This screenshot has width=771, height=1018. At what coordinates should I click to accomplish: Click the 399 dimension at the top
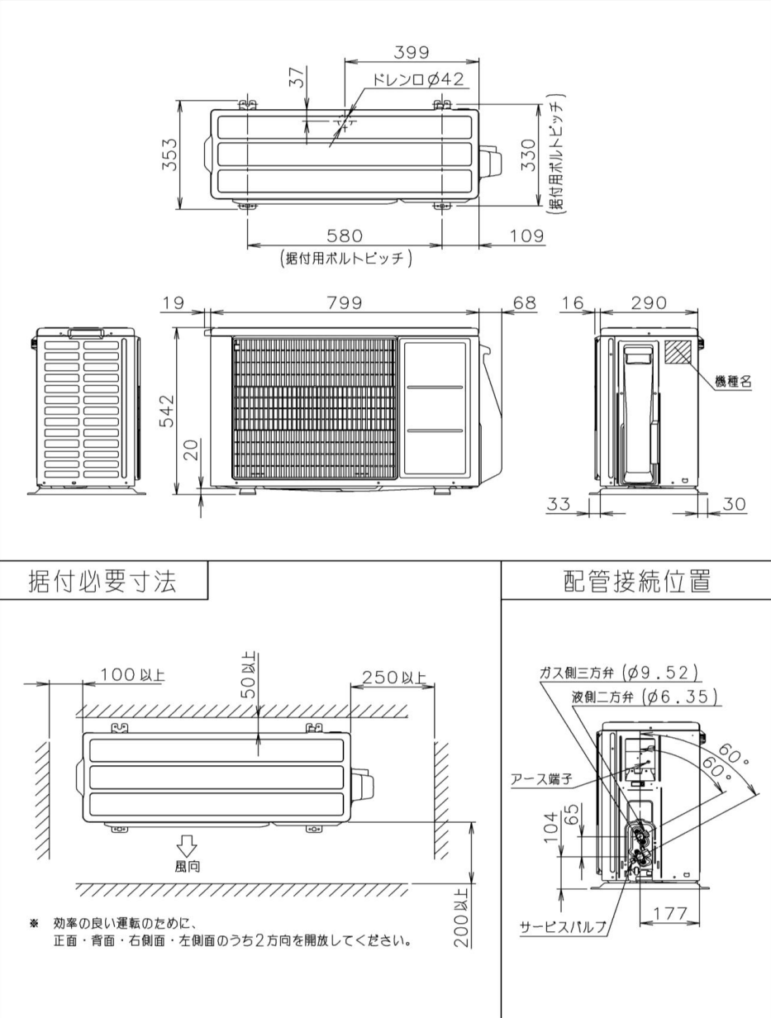(x=411, y=52)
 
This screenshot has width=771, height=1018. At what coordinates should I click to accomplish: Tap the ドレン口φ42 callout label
(x=417, y=80)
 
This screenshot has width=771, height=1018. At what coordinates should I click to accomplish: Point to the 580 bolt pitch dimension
(x=345, y=237)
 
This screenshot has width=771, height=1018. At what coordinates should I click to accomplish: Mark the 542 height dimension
(x=168, y=410)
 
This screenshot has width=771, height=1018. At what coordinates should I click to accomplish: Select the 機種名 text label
(x=733, y=382)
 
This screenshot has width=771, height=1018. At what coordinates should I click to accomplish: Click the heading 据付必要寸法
(x=102, y=581)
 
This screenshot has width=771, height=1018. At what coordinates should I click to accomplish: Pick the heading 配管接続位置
(x=636, y=581)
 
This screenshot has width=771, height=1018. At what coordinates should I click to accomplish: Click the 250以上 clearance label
(x=393, y=678)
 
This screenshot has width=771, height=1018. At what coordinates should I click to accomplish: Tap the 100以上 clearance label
(x=132, y=676)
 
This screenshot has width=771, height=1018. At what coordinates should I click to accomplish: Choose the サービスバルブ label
(x=563, y=926)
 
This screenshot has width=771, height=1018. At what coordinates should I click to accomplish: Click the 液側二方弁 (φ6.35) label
(x=645, y=697)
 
